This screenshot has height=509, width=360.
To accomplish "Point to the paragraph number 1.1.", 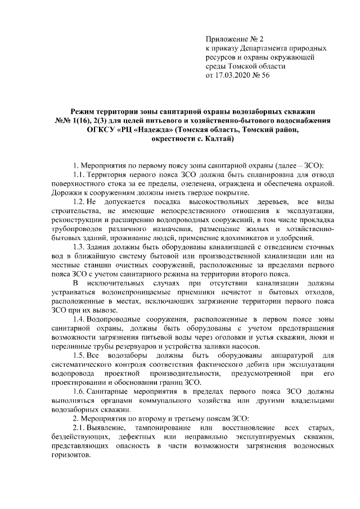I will click(75, 175).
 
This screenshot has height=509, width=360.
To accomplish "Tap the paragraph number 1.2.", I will click(75, 202).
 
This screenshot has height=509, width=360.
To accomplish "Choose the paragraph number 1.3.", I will click(75, 247).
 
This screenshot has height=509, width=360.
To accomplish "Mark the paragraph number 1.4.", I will click(75, 319).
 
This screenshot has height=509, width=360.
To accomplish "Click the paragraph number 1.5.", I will click(75, 355).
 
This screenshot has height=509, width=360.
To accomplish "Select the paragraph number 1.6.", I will click(75, 391).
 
